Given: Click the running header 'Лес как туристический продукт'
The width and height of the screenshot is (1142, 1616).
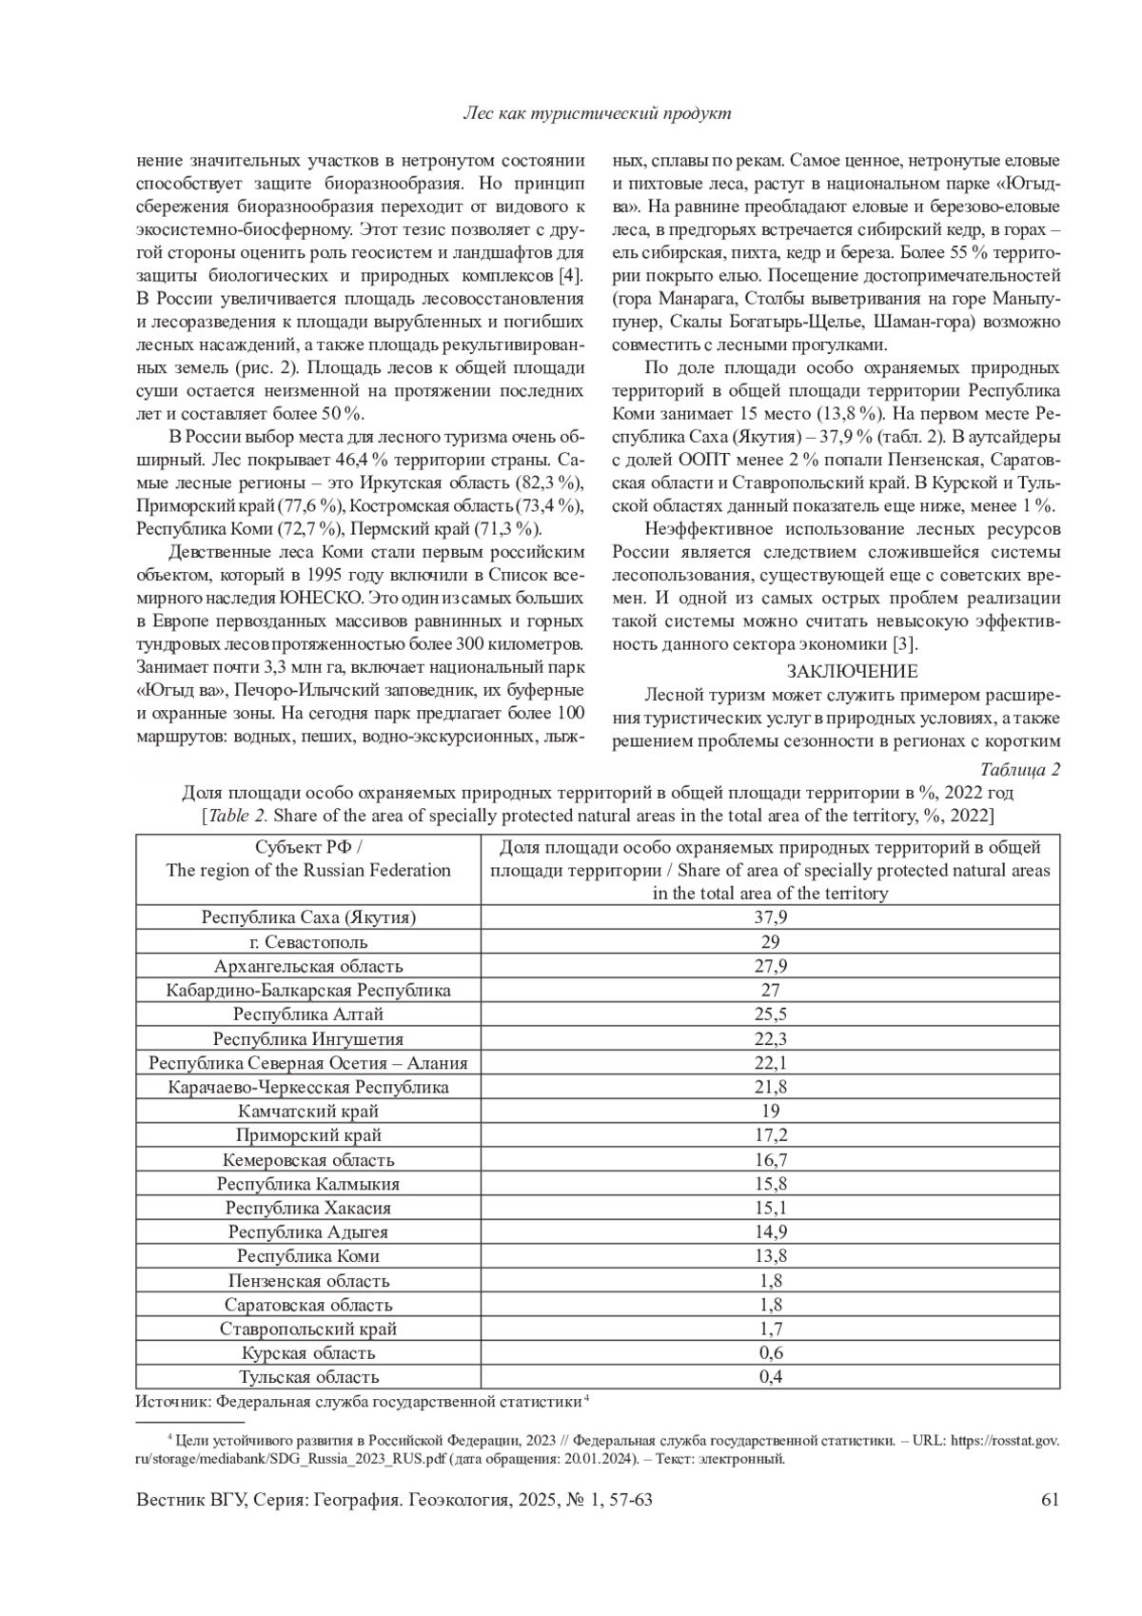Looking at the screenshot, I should [x=597, y=113].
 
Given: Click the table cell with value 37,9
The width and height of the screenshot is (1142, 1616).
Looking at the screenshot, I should [x=770, y=917].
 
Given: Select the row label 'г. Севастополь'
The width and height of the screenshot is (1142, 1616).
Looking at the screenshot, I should [x=308, y=942].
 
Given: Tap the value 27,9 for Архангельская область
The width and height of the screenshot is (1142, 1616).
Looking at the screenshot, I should [x=770, y=966].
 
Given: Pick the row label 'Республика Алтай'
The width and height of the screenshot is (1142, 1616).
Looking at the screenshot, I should [x=308, y=1015].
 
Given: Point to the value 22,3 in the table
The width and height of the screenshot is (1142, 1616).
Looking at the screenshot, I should [x=770, y=1038].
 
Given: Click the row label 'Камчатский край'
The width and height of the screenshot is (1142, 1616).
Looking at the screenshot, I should [x=308, y=1111].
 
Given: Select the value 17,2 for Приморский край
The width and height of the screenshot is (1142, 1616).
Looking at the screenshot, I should [x=770, y=1135].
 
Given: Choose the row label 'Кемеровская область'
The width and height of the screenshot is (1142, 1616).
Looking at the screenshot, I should [x=308, y=1159].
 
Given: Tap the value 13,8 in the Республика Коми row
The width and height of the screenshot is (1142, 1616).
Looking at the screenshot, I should [x=770, y=1256].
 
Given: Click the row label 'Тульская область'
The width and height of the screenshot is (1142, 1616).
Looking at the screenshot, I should [x=308, y=1377].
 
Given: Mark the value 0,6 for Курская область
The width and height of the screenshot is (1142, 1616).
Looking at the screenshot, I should [x=770, y=1352].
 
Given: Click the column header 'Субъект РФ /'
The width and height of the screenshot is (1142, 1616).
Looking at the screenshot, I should [x=308, y=847].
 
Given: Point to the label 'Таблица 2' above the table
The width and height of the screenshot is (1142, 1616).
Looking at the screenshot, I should [x=1019, y=770].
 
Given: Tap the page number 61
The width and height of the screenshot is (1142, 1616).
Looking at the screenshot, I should [x=1051, y=1501].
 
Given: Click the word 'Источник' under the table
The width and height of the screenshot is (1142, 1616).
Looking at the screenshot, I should [x=171, y=1401].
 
